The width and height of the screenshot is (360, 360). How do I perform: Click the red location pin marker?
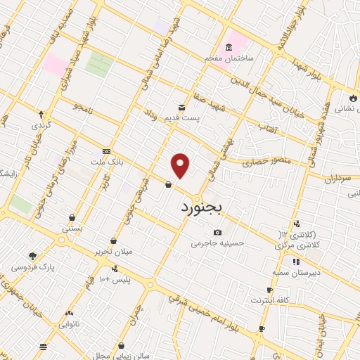pyautogui.click(x=181, y=166)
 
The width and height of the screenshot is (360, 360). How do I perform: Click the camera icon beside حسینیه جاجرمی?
pyautogui.click(x=218, y=233)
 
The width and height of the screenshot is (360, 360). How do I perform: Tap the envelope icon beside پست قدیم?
pyautogui.click(x=182, y=107)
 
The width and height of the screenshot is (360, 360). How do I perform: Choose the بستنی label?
pyautogui.click(x=72, y=228)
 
